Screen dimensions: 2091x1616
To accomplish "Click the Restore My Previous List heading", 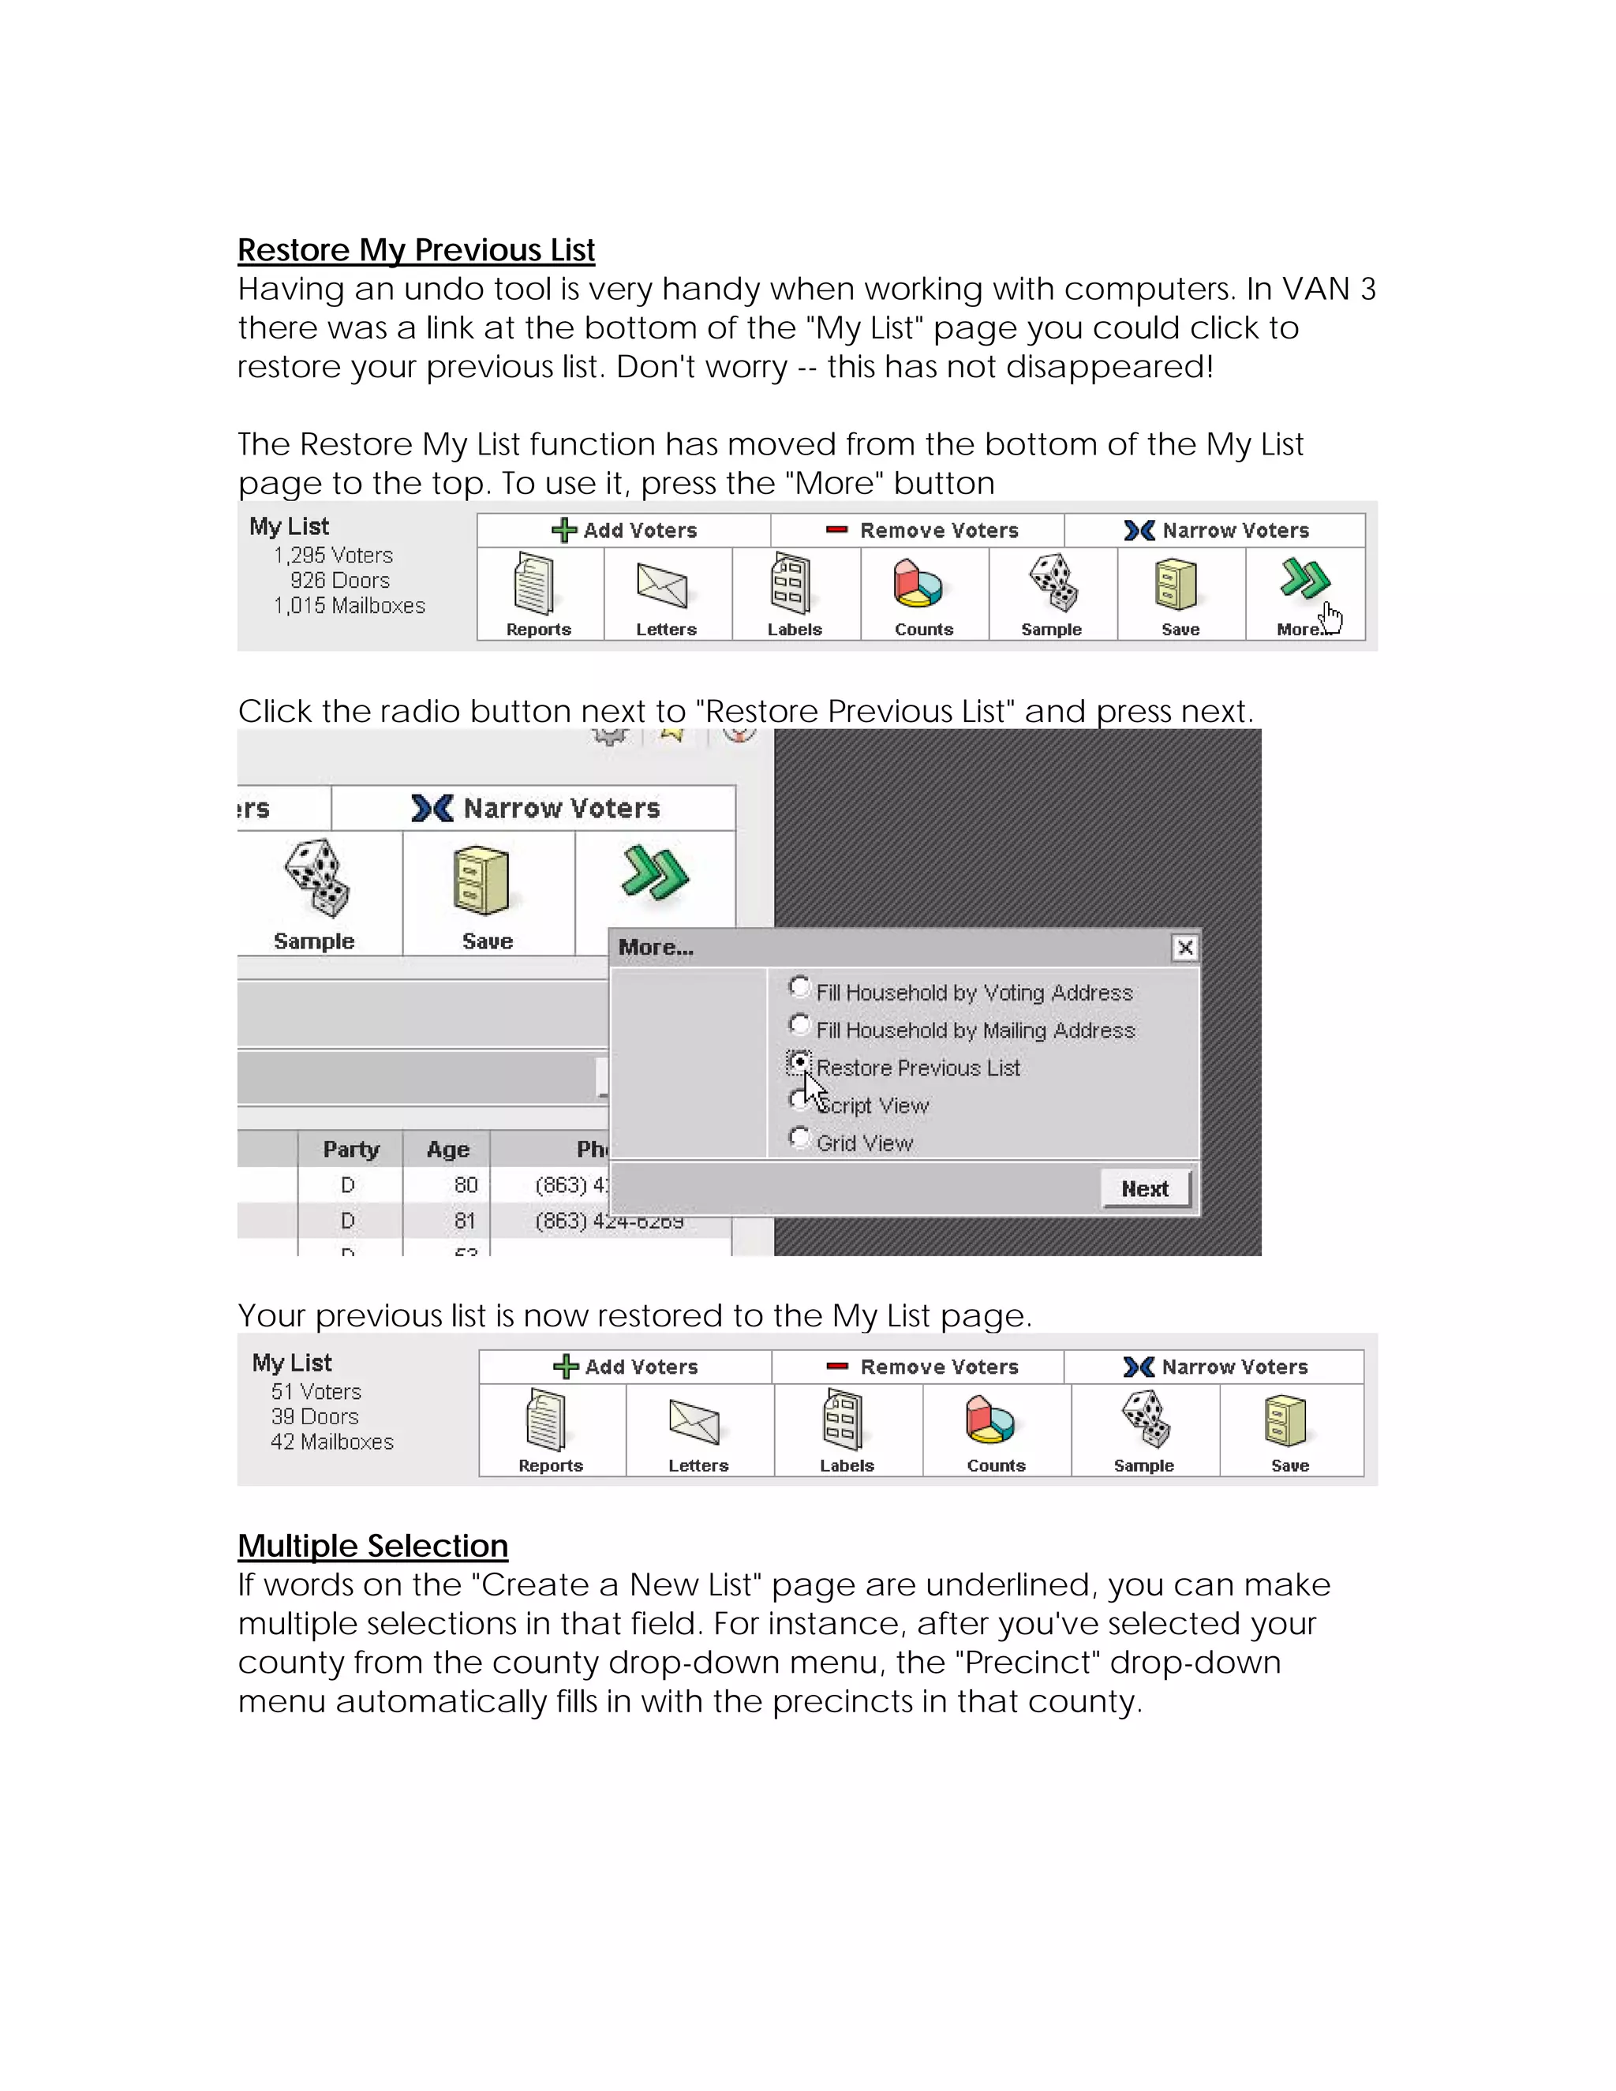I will click(416, 250).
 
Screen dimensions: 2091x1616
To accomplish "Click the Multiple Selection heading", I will click(372, 1545).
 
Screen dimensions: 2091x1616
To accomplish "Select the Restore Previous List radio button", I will click(799, 1062).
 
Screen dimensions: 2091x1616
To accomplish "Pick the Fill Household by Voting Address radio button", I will click(799, 986).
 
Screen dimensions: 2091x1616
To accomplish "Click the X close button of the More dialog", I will click(1184, 947).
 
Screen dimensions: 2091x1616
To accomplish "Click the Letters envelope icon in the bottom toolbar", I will click(695, 1423).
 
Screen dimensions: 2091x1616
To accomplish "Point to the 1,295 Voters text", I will click(332, 555).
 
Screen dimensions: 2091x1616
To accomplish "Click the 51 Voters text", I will click(316, 1391).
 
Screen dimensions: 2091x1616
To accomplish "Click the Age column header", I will click(447, 1149).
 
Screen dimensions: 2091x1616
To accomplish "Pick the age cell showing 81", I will click(464, 1221).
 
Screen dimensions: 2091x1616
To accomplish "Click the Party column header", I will click(350, 1149).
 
